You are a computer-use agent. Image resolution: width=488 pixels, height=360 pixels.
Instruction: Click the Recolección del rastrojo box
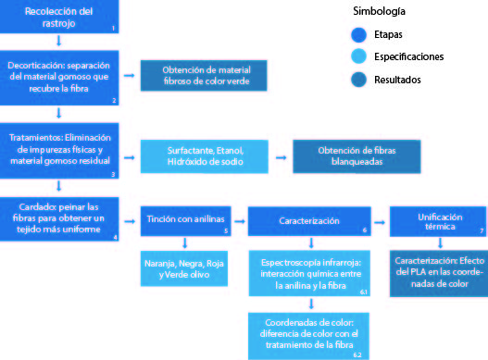59,17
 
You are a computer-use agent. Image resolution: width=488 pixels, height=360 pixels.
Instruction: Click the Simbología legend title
379,13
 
